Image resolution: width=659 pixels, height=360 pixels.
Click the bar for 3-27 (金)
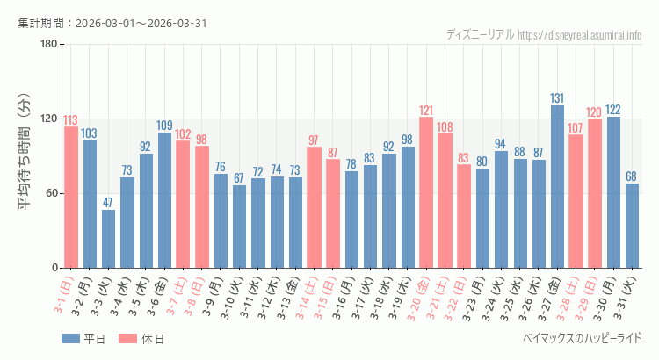pos(557,186)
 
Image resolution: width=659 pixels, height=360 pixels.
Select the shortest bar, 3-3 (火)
pos(108,238)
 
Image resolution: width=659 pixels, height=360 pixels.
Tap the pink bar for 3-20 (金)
pos(426,192)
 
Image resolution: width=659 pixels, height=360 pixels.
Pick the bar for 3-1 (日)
pos(71,197)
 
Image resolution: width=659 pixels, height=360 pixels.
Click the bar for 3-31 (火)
pos(632,225)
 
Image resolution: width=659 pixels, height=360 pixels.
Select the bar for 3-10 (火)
pos(239,226)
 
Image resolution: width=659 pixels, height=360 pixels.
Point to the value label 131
pos(557,98)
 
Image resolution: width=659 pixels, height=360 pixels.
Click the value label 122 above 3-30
pos(613,110)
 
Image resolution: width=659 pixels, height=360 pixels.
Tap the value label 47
pos(108,203)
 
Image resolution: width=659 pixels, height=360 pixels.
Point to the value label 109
pos(164,126)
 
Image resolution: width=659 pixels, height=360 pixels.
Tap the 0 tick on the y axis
pos(54,268)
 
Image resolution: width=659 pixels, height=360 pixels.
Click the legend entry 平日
pos(83,339)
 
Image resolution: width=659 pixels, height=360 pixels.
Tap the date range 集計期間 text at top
pos(112,23)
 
